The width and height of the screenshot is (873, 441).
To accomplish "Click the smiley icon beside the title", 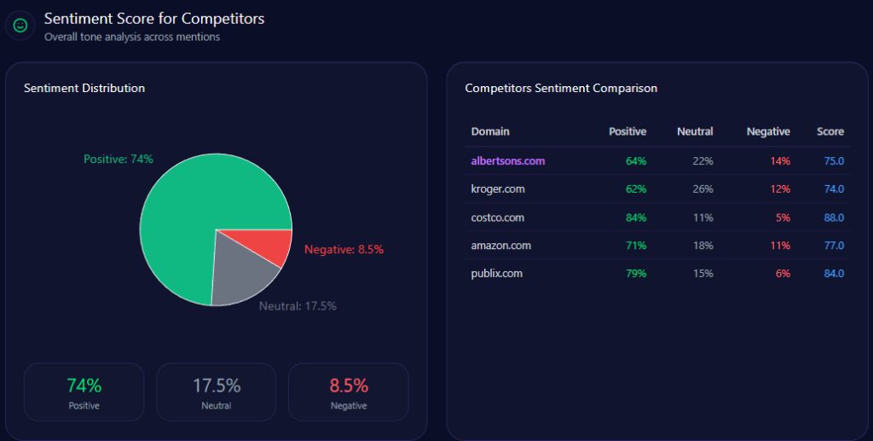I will [x=20, y=26].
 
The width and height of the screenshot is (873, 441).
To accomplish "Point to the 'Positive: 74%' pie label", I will [x=119, y=160].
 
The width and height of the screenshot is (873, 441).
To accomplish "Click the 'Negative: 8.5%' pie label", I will [x=344, y=250].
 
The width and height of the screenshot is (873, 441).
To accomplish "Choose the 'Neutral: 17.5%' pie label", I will [x=298, y=305].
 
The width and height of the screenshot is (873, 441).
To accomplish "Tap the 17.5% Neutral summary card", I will [x=217, y=392].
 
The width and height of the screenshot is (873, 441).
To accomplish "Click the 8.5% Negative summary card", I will [x=349, y=392].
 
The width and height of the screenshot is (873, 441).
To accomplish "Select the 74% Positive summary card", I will [x=84, y=392].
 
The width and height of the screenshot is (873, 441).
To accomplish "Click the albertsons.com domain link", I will [x=507, y=160].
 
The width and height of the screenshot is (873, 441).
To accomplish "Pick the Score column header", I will [x=830, y=131].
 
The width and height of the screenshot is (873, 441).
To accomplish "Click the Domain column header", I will [x=490, y=131].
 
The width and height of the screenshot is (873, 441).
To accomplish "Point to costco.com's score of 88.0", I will [x=834, y=218].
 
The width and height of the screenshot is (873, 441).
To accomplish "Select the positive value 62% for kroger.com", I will [x=636, y=189].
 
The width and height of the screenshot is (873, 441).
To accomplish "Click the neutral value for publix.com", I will [x=702, y=274].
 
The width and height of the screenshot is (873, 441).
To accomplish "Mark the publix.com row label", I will [x=497, y=274].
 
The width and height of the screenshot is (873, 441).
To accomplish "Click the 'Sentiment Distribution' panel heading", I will [x=84, y=88].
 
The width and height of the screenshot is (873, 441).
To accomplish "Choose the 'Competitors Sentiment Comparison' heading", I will [x=561, y=88].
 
